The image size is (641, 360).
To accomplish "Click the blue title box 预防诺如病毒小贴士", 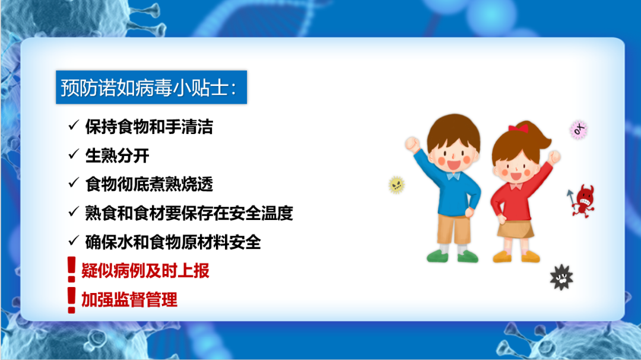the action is pos(151,87).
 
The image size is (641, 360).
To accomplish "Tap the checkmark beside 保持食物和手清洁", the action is pos(74,126).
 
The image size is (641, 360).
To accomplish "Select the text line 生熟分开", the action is pos(117,156).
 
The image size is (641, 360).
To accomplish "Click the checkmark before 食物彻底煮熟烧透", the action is pos(74,183).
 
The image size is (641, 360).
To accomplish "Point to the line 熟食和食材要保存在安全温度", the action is pos(189,213).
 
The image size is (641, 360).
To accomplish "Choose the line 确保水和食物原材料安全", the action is pos(173,242).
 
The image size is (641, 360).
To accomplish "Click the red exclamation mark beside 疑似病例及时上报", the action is pos(72,269).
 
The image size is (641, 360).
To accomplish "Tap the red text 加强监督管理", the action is pos(129,300).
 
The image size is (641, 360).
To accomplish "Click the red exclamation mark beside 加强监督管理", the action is pos(72,300).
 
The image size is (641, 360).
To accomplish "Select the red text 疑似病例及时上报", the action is pos(145,270).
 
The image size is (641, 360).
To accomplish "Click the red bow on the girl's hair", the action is pos(518,128).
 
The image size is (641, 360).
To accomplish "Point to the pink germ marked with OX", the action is pos(579,130).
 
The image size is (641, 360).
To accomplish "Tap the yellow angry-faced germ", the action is pos(396,185).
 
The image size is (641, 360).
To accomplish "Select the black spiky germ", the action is pos(561,278).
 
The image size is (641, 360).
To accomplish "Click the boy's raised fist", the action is pos(412,144).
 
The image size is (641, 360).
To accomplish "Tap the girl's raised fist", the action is pos(554,157).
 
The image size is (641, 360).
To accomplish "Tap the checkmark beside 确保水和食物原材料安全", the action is pos(74,241).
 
